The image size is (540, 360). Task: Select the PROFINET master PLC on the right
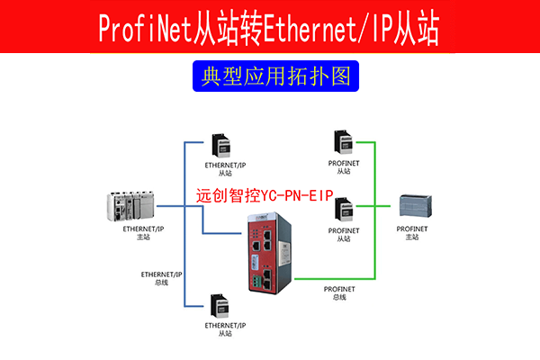[419, 206]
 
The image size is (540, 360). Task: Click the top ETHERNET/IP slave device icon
[221, 146]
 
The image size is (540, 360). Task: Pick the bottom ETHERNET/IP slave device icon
[221, 304]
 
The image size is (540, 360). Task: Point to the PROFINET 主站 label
[418, 234]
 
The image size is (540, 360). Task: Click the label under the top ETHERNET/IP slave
[225, 169]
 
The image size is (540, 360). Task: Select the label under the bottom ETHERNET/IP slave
[225, 328]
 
